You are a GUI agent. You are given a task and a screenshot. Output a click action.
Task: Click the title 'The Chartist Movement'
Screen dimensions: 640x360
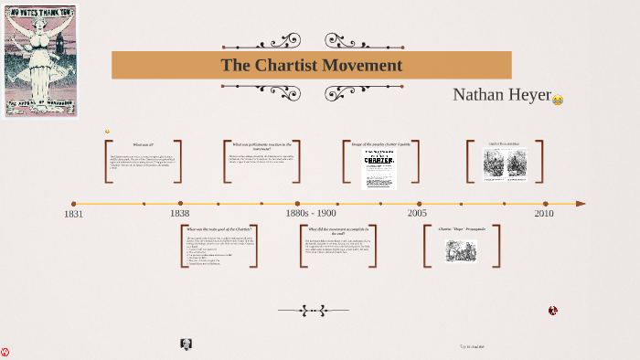coord(311,65)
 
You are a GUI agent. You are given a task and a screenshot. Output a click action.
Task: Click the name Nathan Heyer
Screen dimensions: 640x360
coord(502,95)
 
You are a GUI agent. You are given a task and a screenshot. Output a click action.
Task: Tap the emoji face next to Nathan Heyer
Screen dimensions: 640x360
coord(558,100)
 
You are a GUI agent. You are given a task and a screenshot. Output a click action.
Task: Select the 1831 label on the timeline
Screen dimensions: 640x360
coord(73,214)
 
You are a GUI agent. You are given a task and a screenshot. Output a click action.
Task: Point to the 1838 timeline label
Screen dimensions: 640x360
coord(179,213)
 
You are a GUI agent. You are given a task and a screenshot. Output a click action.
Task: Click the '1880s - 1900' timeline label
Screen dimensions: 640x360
coord(310,213)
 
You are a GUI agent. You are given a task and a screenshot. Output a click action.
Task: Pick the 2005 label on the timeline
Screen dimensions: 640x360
coord(417,213)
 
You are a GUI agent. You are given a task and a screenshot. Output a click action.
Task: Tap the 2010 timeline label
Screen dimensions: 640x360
coord(544,213)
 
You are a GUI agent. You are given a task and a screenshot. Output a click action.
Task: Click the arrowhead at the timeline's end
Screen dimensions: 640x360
coord(581,204)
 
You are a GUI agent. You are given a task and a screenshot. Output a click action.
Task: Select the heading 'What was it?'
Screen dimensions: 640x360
coord(143,144)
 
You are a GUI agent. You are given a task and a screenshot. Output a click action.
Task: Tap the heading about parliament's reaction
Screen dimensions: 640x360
coord(261,146)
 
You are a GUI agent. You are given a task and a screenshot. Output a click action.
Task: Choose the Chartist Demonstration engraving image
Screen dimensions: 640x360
coord(505,164)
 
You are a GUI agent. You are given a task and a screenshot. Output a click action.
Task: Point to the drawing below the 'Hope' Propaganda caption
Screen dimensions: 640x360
coord(461,250)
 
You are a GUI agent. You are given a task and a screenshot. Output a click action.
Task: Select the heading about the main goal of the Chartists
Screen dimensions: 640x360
coord(219,228)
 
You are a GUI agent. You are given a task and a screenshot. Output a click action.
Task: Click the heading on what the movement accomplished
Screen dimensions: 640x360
coord(337,231)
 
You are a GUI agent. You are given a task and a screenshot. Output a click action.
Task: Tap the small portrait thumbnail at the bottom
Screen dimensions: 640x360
coord(187,344)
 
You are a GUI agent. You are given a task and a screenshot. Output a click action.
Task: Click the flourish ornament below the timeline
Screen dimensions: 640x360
coord(313,311)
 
